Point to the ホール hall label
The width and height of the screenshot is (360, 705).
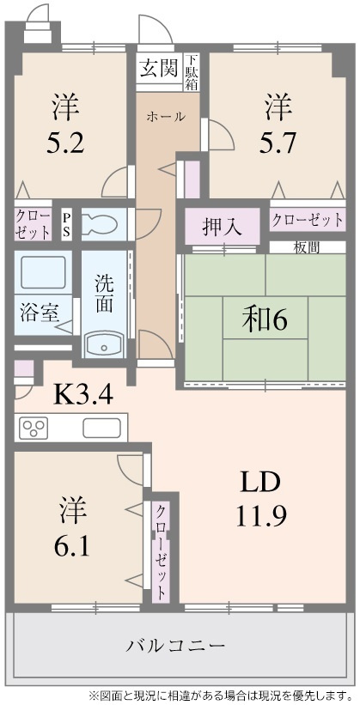(x=165, y=117)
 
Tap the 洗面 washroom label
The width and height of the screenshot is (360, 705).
(x=104, y=292)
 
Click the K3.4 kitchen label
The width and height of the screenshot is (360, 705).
(x=83, y=395)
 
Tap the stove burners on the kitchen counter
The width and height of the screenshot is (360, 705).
(x=38, y=427)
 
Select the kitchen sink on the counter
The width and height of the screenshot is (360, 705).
(x=102, y=427)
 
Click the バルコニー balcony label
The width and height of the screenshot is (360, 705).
(x=176, y=645)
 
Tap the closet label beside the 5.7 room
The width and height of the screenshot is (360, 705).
(x=308, y=219)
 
